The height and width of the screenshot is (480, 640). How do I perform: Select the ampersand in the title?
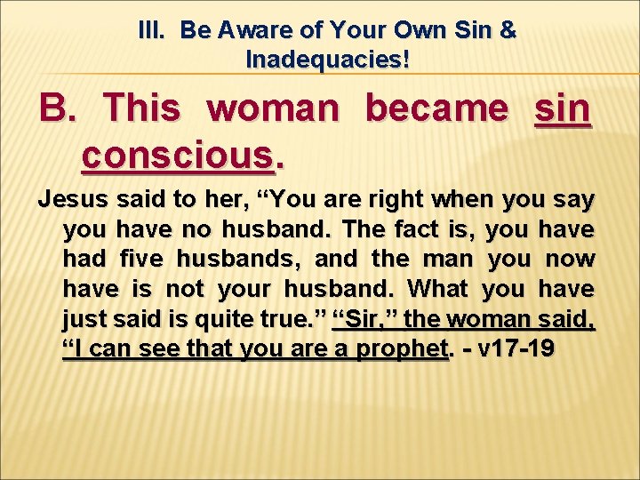(508, 30)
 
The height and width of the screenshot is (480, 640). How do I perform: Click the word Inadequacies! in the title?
(327, 60)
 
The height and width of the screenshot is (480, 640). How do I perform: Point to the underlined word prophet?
(399, 348)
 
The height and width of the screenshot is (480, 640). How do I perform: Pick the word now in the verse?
(569, 259)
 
